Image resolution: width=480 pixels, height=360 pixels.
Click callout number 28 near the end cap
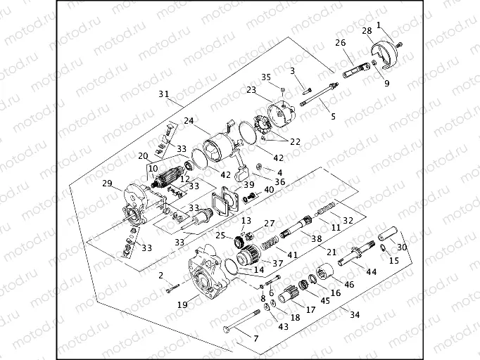click(x=367, y=31)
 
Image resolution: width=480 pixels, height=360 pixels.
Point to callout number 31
click(x=164, y=94)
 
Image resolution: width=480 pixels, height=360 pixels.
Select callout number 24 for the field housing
click(x=189, y=121)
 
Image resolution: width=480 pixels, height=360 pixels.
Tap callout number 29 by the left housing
click(x=107, y=184)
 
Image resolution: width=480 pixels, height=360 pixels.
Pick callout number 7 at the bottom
click(x=255, y=338)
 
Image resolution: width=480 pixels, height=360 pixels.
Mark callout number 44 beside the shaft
click(x=372, y=270)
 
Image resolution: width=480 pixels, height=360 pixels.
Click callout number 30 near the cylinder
click(x=403, y=247)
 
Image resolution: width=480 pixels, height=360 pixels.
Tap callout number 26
click(x=341, y=43)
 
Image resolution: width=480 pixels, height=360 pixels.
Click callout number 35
click(x=266, y=77)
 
